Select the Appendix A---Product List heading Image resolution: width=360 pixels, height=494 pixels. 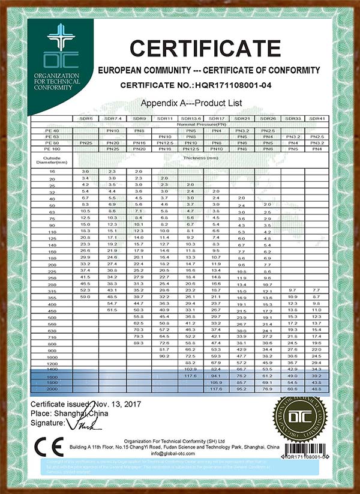(191, 103)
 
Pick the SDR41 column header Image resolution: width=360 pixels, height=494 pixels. (317, 119)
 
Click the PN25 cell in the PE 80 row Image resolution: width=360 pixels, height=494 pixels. (86, 142)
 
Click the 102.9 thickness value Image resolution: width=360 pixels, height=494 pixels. (190, 369)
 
